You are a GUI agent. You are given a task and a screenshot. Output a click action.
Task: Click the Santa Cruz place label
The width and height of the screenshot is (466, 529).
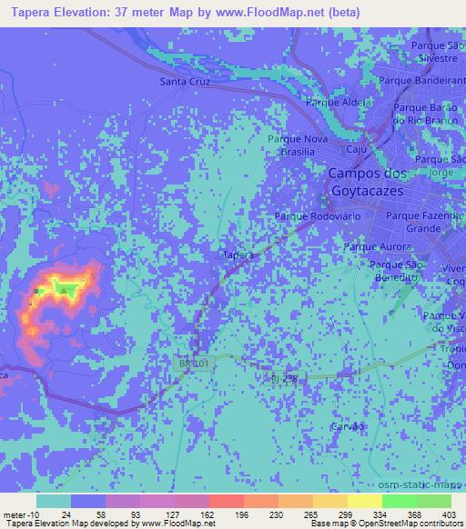[x=185, y=82]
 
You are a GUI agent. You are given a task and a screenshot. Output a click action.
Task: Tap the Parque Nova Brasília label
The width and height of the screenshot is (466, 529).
[x=296, y=145]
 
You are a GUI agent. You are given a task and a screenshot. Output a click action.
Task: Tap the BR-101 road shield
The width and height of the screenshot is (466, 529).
[x=187, y=363]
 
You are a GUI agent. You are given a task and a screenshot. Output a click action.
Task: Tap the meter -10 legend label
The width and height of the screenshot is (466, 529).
[x=17, y=514]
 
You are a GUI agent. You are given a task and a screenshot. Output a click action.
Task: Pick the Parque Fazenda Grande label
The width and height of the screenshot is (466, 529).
[x=425, y=222]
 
